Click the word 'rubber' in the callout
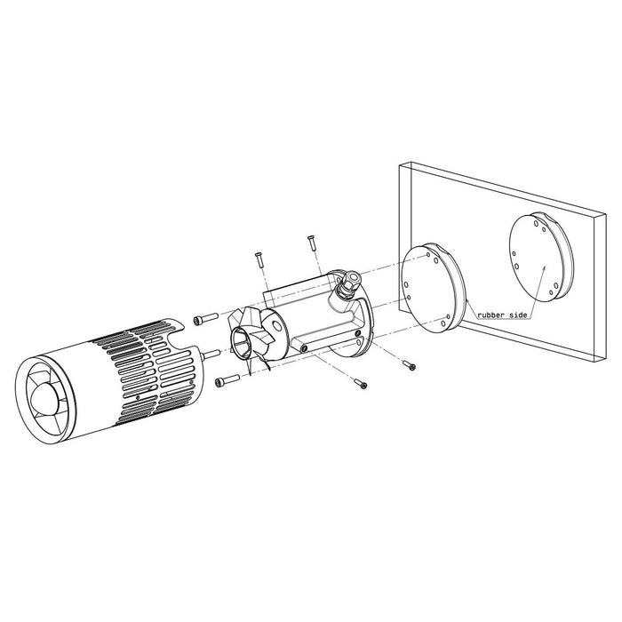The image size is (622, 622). [492, 315]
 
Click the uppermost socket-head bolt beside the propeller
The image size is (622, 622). [205, 317]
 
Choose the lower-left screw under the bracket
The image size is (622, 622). [359, 384]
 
